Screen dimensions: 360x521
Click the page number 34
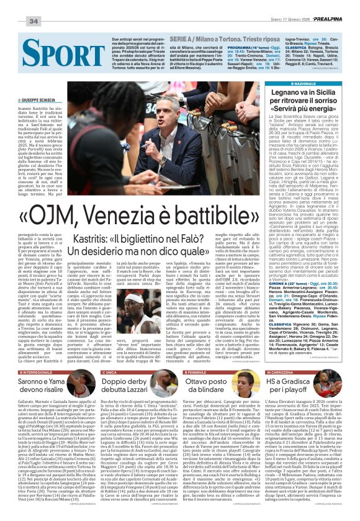[x=34, y=21]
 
